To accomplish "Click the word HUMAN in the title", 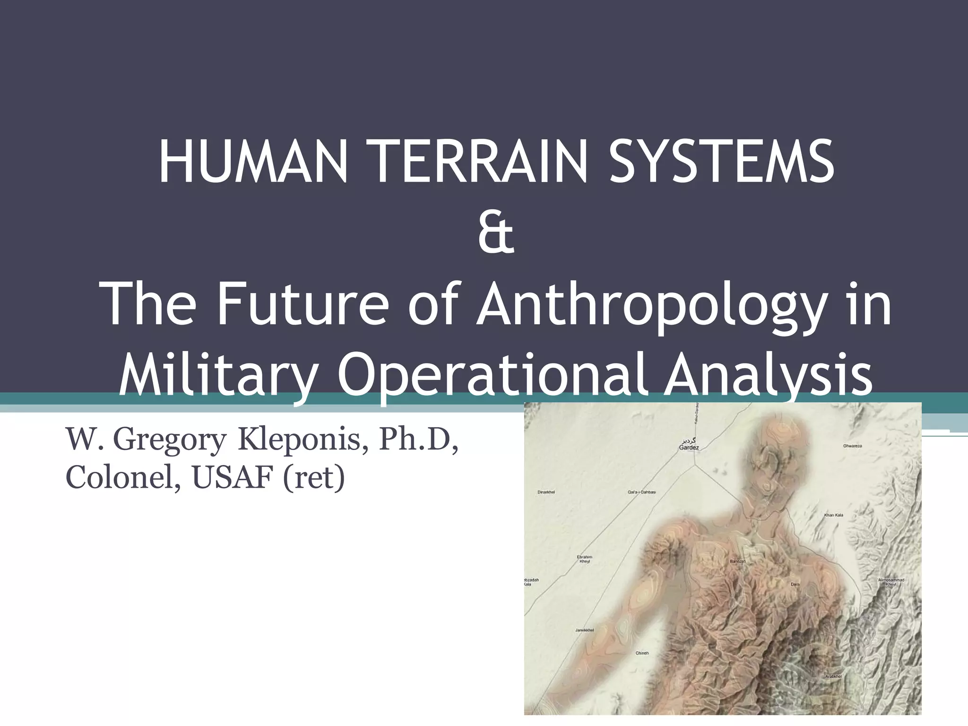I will pos(253,162).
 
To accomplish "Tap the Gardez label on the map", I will pos(689,447).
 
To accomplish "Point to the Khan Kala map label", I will pos(834,515).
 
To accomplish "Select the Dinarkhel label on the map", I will pos(546,492).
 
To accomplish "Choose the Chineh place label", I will pos(642,653).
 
